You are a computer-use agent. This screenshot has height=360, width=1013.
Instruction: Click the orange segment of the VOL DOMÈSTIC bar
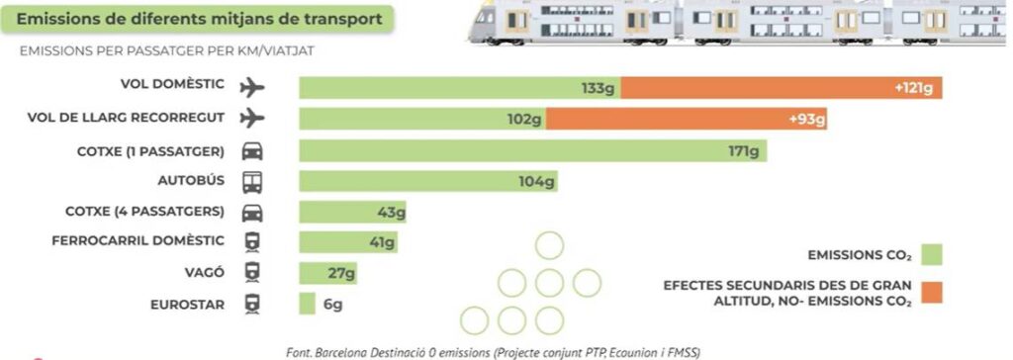click(x=782, y=88)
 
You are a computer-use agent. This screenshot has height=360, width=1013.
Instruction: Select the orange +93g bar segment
click(x=687, y=119)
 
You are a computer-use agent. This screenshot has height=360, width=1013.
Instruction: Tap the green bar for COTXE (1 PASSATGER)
click(x=533, y=150)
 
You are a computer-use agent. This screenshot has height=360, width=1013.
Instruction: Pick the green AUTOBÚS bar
click(x=428, y=182)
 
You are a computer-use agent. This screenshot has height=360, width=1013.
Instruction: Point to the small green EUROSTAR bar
click(x=308, y=304)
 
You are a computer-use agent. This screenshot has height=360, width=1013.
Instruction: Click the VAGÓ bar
click(x=328, y=273)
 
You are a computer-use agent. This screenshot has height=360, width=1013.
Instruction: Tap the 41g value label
click(x=382, y=242)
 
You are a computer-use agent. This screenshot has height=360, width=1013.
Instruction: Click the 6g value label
click(x=333, y=305)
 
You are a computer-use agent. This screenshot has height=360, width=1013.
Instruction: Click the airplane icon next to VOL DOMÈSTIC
click(x=252, y=87)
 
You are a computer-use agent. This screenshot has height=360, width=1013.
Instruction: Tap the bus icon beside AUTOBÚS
click(x=252, y=182)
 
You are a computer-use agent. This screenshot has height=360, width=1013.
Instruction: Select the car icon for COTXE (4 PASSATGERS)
click(x=252, y=213)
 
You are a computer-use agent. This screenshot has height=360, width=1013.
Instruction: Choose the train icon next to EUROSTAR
click(x=252, y=304)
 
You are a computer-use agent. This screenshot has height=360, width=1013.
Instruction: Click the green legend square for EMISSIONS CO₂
click(x=932, y=254)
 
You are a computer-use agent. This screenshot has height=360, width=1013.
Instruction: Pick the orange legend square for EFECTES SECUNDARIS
click(x=932, y=292)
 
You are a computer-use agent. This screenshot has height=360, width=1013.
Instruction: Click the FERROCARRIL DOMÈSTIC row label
click(x=138, y=240)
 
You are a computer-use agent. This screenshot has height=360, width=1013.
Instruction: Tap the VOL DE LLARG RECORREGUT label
click(x=126, y=117)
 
